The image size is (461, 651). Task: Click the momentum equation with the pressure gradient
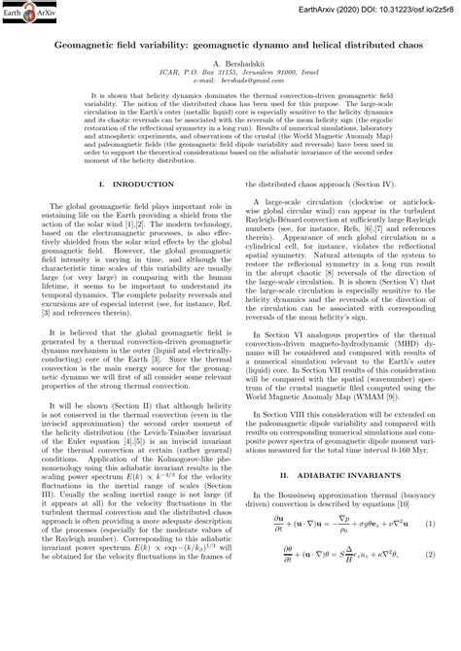(331, 579)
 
